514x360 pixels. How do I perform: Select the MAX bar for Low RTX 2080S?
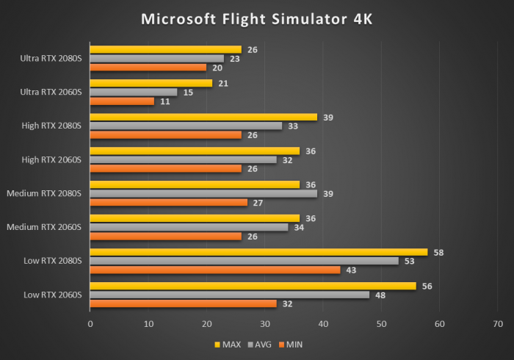click(258, 252)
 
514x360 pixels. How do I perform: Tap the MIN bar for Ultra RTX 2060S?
click(122, 101)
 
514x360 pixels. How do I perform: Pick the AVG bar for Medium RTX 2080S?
click(203, 193)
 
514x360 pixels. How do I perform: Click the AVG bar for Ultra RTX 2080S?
click(156, 58)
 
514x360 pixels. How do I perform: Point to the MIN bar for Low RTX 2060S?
click(183, 303)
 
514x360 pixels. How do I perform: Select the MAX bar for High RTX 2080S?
click(203, 117)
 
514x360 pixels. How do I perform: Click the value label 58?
click(438, 252)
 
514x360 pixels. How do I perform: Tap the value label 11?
click(165, 101)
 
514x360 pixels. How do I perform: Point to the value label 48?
click(380, 295)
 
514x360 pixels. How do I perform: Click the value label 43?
click(351, 270)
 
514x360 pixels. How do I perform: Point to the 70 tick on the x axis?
click(499, 323)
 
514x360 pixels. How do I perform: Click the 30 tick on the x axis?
click(265, 323)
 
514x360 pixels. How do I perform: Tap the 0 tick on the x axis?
click(90, 323)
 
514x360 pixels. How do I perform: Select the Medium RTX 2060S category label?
click(44, 227)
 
